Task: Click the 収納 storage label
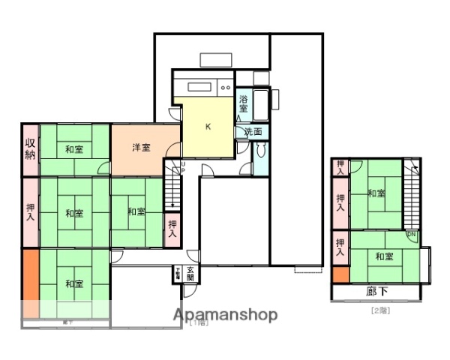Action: pos(30,149)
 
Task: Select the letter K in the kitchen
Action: pos(208,126)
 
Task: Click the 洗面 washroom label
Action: pos(253,132)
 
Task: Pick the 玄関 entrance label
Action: pos(190,274)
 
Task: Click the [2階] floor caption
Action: pos(379,310)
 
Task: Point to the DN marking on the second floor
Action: pos(411,235)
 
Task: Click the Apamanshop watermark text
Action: pos(225,315)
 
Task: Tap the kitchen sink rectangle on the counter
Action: pos(200,85)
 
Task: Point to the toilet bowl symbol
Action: pos(261,148)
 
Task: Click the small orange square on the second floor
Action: pos(340,274)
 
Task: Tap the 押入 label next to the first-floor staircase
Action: pos(172,228)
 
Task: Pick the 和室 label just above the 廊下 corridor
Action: pos(384,256)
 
